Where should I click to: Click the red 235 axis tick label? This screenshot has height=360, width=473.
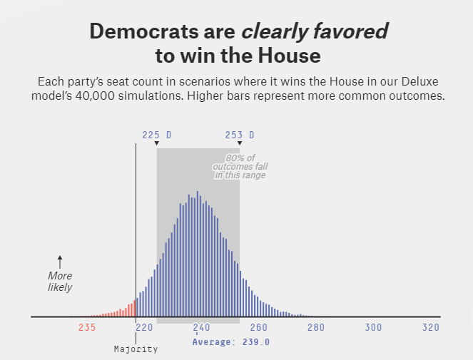click(x=87, y=327)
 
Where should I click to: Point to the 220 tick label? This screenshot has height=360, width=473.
click(x=144, y=327)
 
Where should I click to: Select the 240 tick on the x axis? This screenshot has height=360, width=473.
click(x=201, y=327)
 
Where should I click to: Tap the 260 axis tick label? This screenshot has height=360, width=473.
click(x=258, y=327)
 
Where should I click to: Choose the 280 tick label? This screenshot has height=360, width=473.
click(x=316, y=327)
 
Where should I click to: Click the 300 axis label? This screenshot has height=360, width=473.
click(x=373, y=327)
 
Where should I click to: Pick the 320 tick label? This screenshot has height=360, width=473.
click(x=430, y=327)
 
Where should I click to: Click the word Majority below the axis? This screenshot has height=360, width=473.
click(x=136, y=349)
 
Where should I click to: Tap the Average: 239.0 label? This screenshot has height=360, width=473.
click(x=231, y=341)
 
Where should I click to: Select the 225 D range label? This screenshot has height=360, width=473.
click(x=156, y=135)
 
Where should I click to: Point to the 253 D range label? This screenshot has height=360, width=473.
click(x=240, y=135)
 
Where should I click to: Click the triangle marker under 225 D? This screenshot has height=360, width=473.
click(x=157, y=143)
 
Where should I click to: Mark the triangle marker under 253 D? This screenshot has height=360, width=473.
click(x=240, y=143)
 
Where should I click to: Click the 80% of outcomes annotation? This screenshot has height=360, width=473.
click(x=240, y=167)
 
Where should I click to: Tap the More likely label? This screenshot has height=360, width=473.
click(x=60, y=282)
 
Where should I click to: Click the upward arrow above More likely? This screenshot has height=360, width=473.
click(x=60, y=262)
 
